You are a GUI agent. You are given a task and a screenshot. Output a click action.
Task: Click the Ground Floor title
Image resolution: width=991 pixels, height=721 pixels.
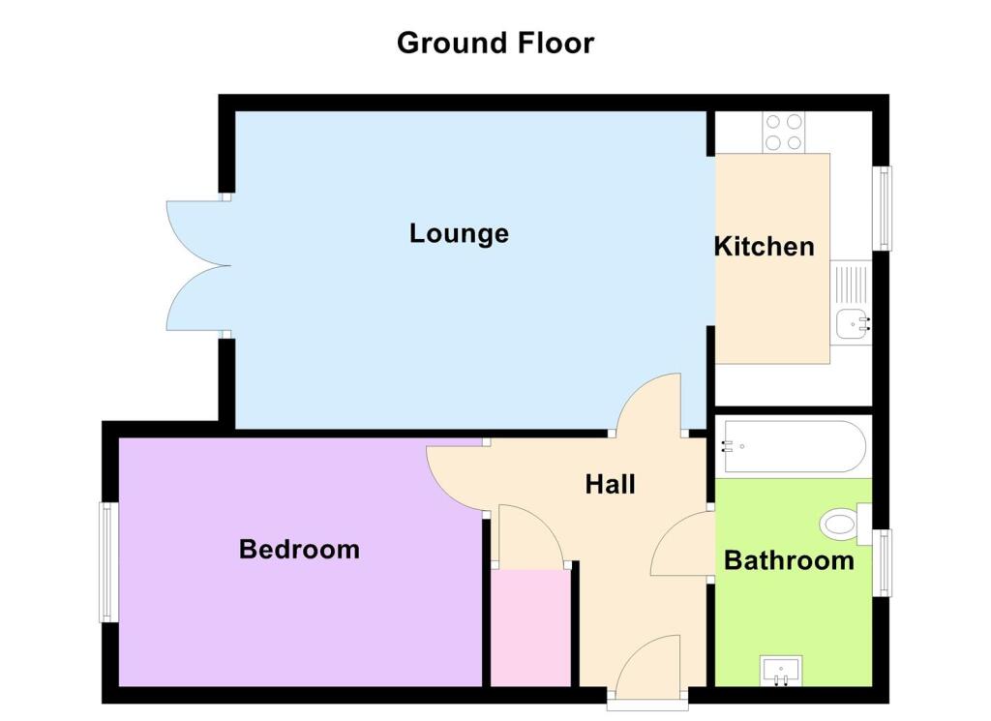(495, 44)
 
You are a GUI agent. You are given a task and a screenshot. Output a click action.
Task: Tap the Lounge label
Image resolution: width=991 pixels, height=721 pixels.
(459, 233)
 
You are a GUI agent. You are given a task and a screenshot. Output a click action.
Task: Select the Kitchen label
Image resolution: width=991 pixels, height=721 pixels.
(764, 246)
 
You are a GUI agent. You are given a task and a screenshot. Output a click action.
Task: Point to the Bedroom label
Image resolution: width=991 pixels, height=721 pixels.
(299, 550)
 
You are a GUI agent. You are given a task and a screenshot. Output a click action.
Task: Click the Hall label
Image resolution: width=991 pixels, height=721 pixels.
(610, 484)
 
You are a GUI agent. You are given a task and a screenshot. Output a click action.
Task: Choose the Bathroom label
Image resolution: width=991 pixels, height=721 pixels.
(789, 560)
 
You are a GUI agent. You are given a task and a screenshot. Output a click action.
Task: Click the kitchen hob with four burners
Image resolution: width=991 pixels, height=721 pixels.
(784, 133)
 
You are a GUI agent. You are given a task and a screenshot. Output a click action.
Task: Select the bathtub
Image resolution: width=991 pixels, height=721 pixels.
(793, 446)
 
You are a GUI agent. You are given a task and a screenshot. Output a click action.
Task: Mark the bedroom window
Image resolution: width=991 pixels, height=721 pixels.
(110, 562)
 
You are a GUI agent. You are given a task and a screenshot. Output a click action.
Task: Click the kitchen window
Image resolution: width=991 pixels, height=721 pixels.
(883, 208)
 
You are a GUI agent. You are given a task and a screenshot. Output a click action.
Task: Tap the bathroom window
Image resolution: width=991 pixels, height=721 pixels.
(883, 562)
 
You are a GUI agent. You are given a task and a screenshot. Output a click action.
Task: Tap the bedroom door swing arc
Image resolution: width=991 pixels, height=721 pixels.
(455, 477)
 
